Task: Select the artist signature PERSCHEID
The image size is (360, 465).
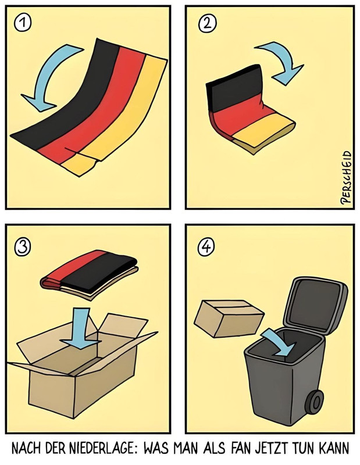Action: [x=346, y=177]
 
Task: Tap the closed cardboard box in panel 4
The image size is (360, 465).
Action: [x=229, y=319]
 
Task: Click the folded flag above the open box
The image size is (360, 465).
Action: [x=89, y=274]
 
